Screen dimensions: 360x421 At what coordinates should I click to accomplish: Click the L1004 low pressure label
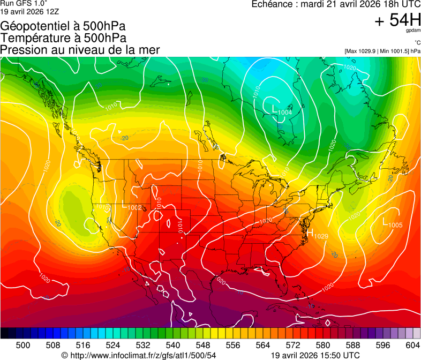[x=282, y=110]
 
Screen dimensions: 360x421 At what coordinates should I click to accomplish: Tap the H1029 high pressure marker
[x=317, y=234]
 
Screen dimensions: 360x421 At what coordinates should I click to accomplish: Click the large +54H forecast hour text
[x=397, y=21]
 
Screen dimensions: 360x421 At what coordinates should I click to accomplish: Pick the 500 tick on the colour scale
[x=23, y=344]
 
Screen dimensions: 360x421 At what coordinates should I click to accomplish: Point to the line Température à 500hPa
[x=63, y=38]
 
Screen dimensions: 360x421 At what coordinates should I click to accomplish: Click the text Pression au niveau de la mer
[x=80, y=50]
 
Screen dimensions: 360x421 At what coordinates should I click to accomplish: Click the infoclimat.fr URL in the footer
[x=139, y=355]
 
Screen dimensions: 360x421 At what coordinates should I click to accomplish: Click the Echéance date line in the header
[x=336, y=4]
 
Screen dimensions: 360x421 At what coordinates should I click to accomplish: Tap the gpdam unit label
[x=413, y=31]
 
